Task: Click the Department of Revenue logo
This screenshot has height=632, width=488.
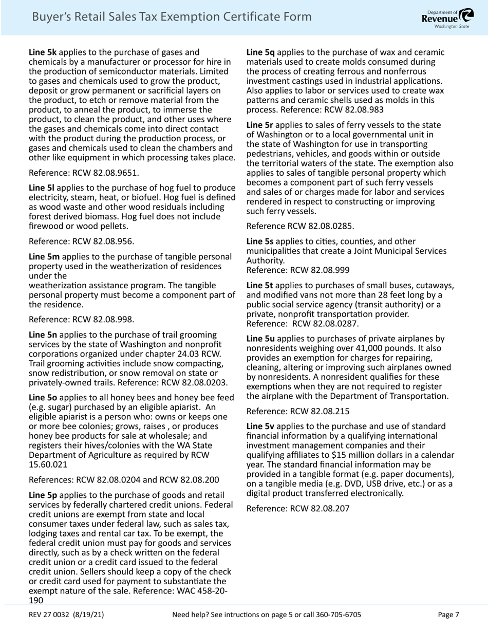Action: point(448,17)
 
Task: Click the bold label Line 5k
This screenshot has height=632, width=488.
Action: point(43,52)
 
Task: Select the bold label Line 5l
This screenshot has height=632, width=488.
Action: point(41,188)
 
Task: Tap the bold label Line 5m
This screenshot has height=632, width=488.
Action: point(44,256)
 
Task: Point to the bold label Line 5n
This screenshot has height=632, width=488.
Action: point(43,334)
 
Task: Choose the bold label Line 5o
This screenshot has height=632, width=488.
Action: point(43,397)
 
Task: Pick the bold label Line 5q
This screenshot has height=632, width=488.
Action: point(260,52)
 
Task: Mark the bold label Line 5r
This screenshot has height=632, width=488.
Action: point(259,125)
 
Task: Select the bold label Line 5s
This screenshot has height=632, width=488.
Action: point(260,241)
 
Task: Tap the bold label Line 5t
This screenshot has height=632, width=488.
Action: point(259,286)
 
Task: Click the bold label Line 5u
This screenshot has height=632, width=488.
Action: point(260,339)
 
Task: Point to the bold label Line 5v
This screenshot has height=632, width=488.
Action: point(260,426)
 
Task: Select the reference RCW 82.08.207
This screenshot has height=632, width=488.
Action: point(320,509)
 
